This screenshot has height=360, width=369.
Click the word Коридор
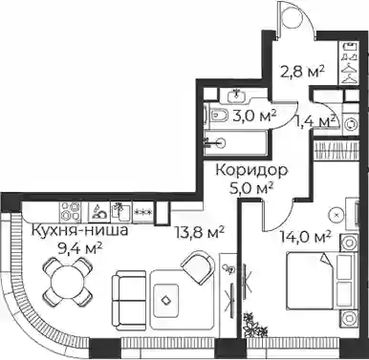[251, 171]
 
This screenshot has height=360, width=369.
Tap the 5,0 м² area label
[251, 189]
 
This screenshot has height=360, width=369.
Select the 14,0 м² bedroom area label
[305, 237]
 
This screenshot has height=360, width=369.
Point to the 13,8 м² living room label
[201, 233]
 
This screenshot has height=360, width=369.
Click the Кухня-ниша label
[80, 230]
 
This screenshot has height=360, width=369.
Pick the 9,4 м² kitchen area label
[80, 248]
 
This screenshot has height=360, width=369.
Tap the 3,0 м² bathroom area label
[254, 116]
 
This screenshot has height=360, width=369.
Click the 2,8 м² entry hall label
[303, 73]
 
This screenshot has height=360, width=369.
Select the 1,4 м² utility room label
[316, 121]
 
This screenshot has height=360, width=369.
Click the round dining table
[68, 281]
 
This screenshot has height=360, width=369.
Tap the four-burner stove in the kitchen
[71, 212]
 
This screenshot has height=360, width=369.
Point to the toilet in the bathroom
[218, 116]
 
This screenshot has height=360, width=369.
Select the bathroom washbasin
[236, 95]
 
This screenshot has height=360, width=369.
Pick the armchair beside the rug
[199, 266]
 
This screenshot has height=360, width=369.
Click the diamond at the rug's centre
[165, 300]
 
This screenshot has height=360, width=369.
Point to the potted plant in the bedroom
[254, 326]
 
